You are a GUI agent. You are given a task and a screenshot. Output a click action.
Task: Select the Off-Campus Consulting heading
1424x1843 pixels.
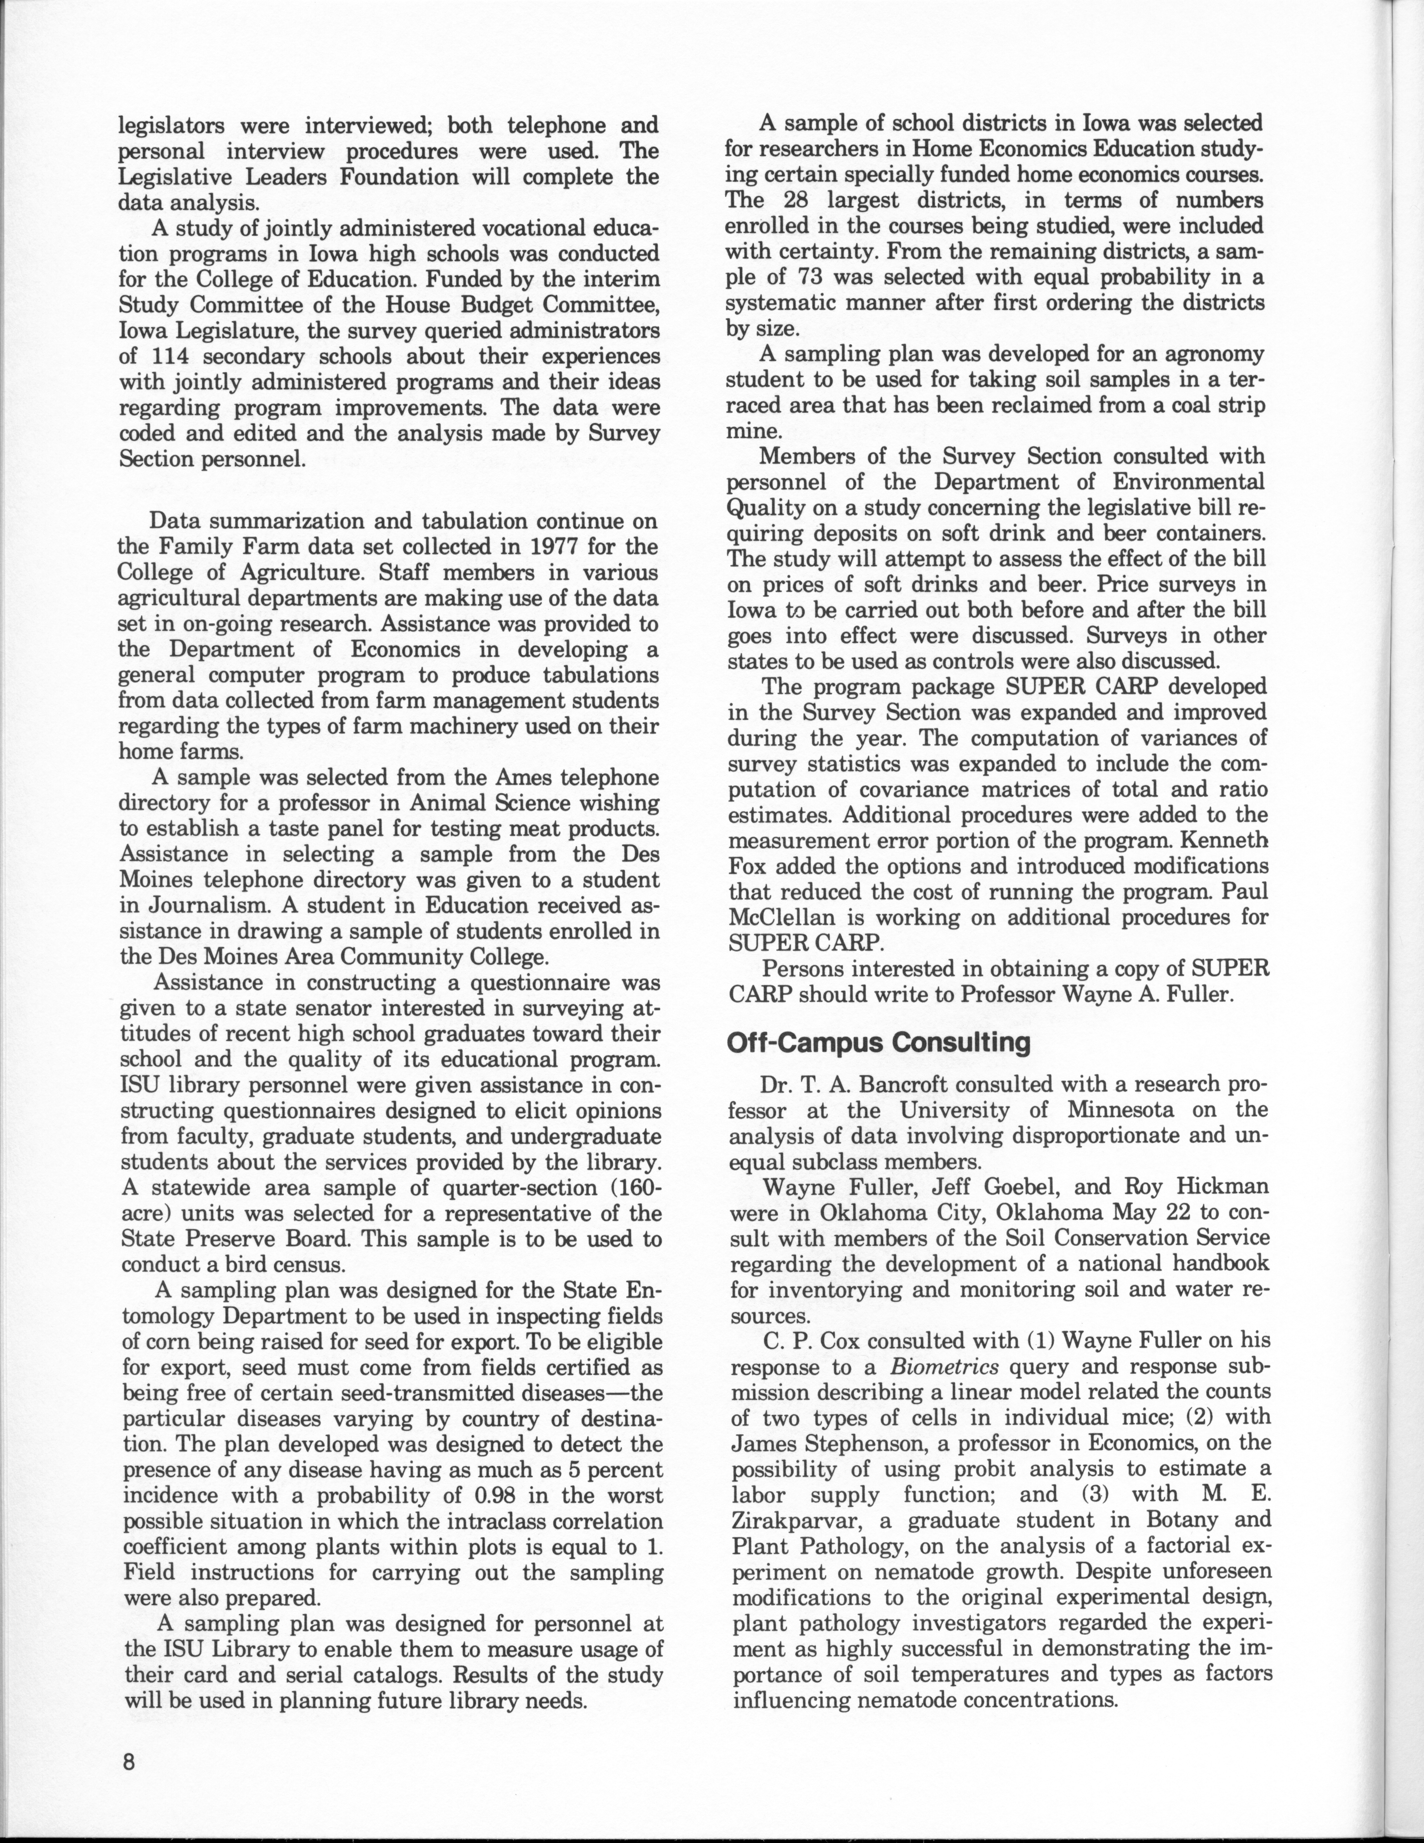(x=878, y=1043)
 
